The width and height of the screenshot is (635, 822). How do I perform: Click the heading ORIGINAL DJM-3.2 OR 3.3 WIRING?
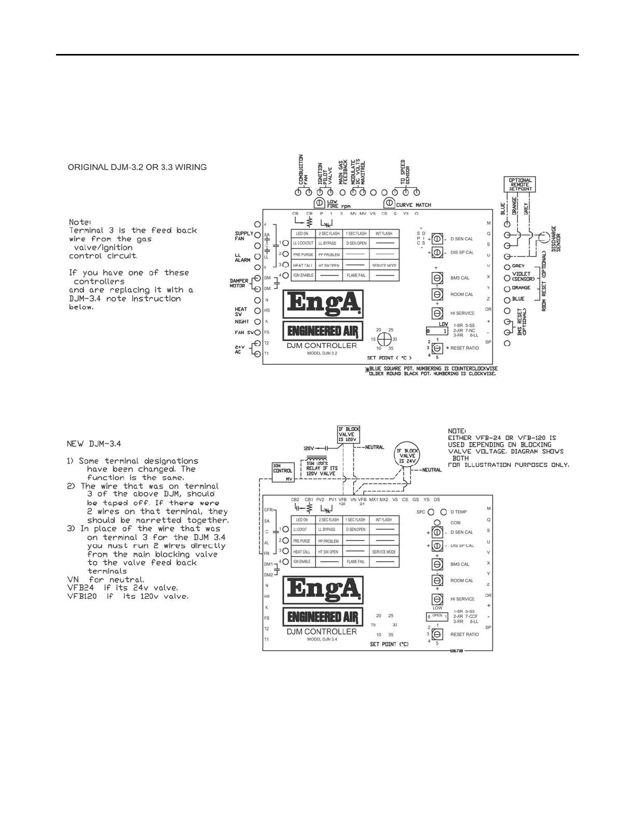pyautogui.click(x=137, y=168)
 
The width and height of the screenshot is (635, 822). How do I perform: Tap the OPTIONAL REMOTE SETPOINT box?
pyautogui.click(x=520, y=185)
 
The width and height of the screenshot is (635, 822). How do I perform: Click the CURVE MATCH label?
pyautogui.click(x=413, y=205)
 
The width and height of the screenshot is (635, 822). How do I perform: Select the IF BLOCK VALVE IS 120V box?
pyautogui.click(x=349, y=434)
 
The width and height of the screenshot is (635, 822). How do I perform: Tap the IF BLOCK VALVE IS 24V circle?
pyautogui.click(x=407, y=456)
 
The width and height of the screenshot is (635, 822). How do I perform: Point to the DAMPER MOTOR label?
pyautogui.click(x=239, y=283)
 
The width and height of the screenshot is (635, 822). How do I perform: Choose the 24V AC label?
pyautogui.click(x=239, y=349)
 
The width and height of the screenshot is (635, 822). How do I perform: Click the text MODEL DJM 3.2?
pyautogui.click(x=322, y=353)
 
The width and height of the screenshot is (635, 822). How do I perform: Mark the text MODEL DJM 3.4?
pyautogui.click(x=322, y=639)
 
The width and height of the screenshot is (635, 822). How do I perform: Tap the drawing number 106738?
pyautogui.click(x=457, y=651)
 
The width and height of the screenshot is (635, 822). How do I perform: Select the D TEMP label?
pyautogui.click(x=459, y=512)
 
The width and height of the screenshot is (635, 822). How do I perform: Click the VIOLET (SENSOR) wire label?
pyautogui.click(x=523, y=276)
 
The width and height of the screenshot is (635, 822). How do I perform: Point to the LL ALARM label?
pyautogui.click(x=242, y=258)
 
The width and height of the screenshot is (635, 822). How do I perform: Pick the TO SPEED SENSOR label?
pyautogui.click(x=406, y=172)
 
